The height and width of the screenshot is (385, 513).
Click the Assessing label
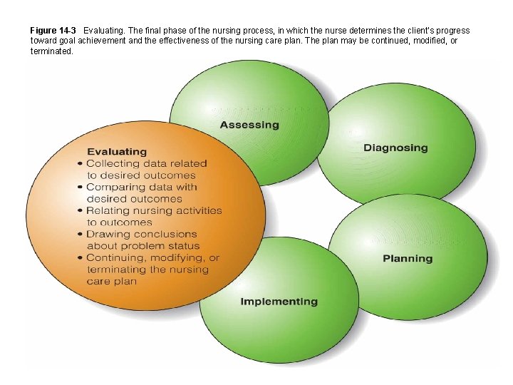pos(249,125)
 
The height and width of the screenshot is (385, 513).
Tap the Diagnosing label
pos(395,148)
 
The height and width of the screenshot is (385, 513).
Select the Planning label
pos(408,258)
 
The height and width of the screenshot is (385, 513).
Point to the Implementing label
pos(279,302)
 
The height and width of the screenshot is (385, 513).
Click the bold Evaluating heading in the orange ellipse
pos(117,151)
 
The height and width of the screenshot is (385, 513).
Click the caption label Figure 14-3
pos(53,31)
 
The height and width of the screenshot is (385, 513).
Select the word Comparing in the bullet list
pos(117,187)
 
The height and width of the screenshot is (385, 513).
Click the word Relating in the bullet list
pos(109,210)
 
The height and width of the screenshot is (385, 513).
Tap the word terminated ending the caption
pos(51,51)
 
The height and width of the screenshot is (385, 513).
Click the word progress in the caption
pos(451,31)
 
